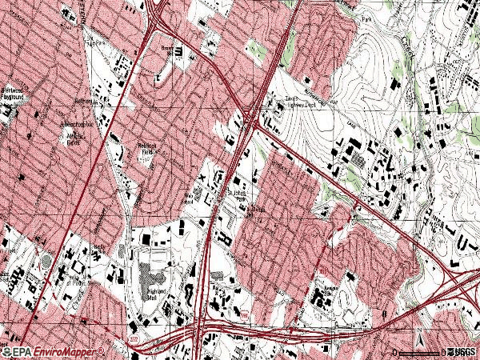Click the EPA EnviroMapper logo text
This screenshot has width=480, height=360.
[59, 352]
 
